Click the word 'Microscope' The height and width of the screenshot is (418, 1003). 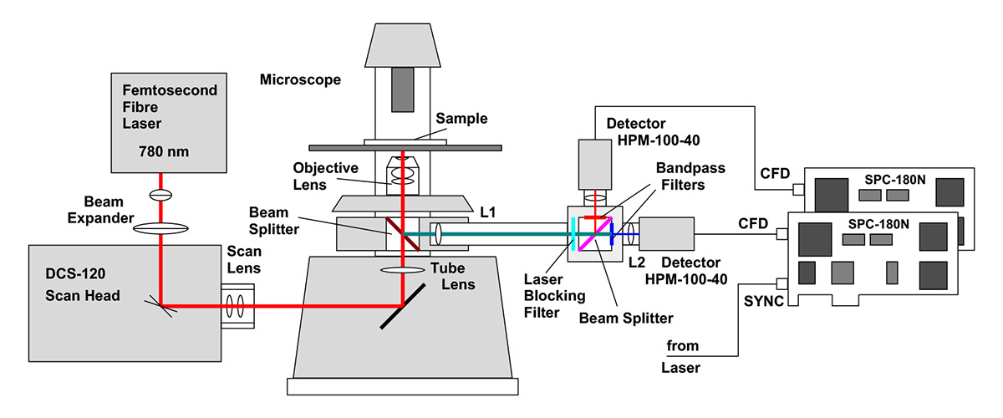300,80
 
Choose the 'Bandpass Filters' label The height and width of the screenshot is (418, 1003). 691,175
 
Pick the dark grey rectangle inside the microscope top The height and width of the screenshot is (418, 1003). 403,86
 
